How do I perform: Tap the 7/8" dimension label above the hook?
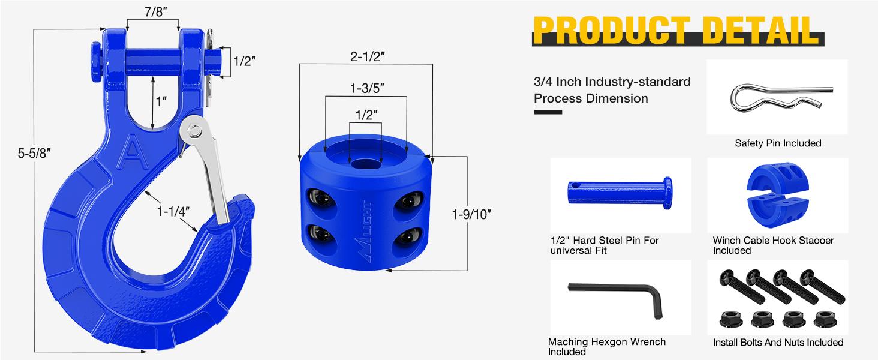(x=153, y=11)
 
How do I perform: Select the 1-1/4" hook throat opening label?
(x=174, y=211)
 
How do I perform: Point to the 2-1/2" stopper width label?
(x=366, y=56)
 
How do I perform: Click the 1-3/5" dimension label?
(x=366, y=88)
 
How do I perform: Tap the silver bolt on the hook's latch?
(x=194, y=130)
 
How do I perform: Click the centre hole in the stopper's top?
(x=365, y=163)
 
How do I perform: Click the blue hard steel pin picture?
(x=620, y=191)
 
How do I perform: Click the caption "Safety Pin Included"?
(x=778, y=143)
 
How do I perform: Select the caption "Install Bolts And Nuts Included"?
(x=778, y=343)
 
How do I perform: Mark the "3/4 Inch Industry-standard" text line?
(x=612, y=82)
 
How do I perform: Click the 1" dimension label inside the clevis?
(x=160, y=101)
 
